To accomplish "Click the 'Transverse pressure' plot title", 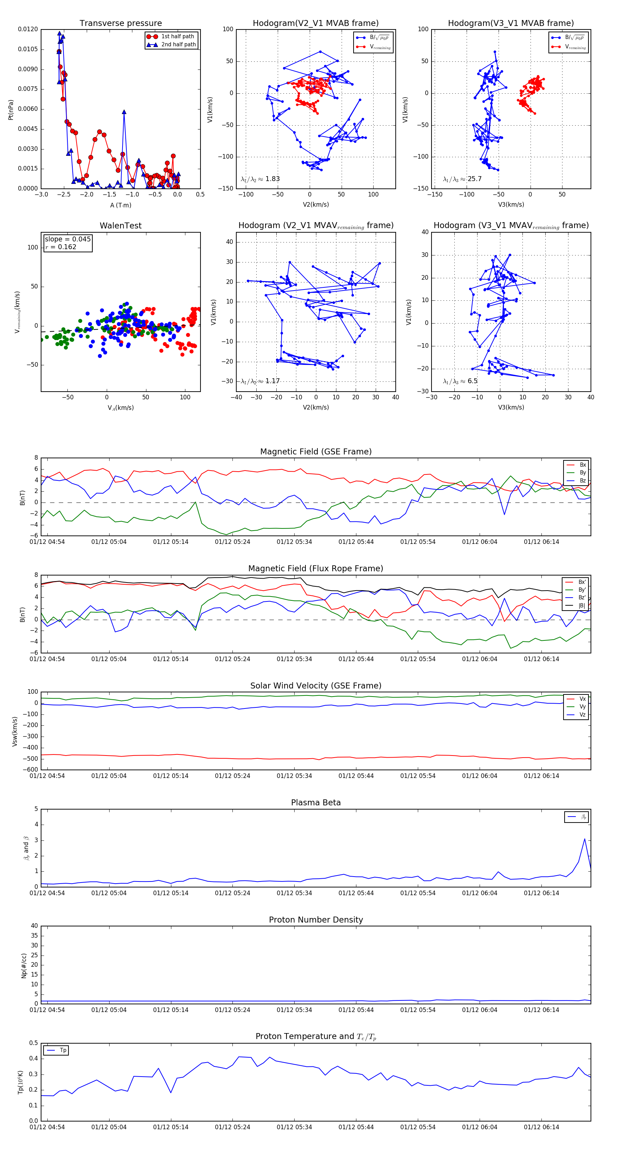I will click(120, 24).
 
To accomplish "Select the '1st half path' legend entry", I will click(177, 36).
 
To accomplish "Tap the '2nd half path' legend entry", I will click(178, 45).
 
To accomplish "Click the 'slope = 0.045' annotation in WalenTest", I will click(67, 239).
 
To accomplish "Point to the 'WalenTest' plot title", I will click(120, 226).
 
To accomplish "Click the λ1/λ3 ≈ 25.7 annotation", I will click(462, 179).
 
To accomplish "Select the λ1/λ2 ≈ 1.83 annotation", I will click(260, 179).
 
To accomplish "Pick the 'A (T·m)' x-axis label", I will click(120, 205).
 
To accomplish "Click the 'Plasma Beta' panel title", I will click(316, 803).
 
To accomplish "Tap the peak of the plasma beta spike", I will click(584, 839).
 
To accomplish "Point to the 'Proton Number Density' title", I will click(316, 919).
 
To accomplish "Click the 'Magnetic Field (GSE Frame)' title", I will click(316, 451).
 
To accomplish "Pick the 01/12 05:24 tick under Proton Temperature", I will click(232, 1127).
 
